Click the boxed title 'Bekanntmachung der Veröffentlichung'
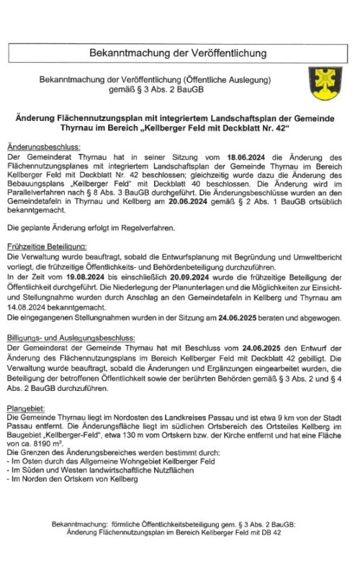pos(178,53)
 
